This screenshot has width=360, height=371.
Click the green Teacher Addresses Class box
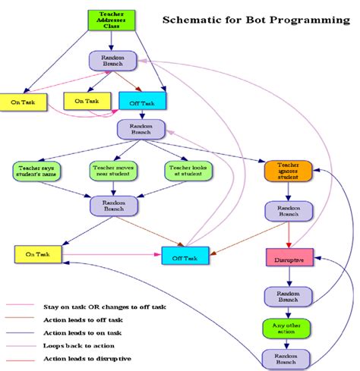[x=112, y=20]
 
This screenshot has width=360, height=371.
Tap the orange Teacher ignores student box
[x=285, y=171]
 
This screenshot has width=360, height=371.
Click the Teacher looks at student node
[x=187, y=171]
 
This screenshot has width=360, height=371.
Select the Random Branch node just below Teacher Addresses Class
[x=112, y=60]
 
